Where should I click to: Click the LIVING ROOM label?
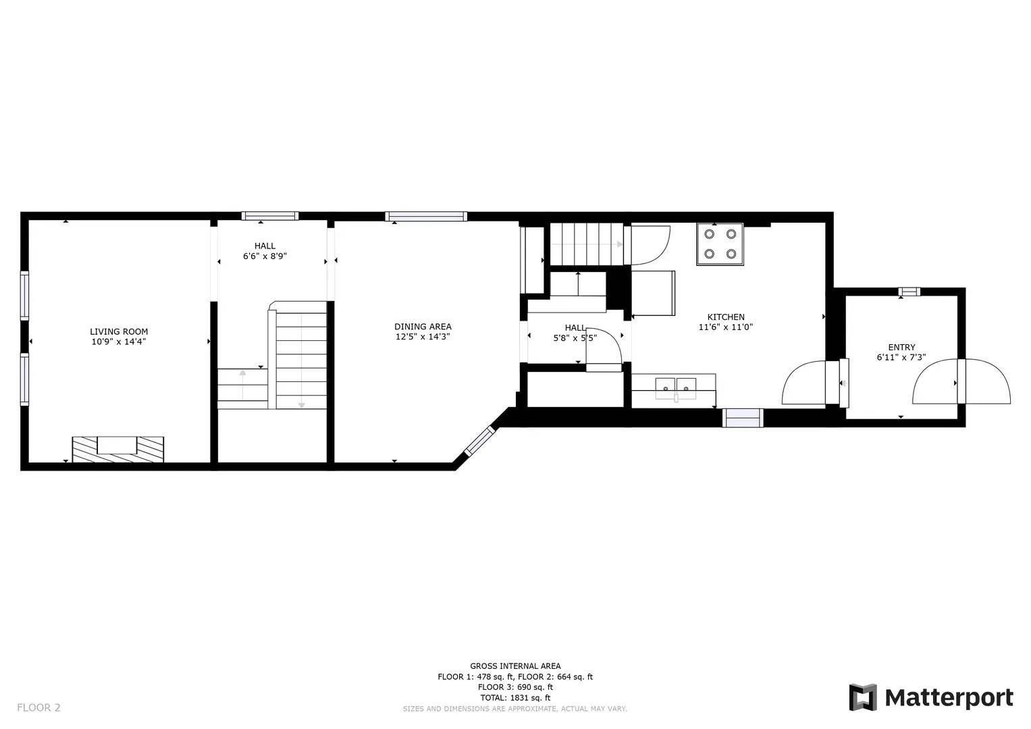[119, 331]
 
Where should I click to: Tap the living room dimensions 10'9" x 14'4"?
[119, 342]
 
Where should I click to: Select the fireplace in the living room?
[118, 449]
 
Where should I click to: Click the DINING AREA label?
[423, 327]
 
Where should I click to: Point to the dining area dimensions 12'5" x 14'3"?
[423, 337]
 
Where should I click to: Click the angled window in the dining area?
[479, 441]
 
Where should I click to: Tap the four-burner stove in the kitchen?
[720, 244]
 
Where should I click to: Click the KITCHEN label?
[726, 317]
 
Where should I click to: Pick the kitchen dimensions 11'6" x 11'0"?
[726, 327]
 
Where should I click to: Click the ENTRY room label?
[901, 348]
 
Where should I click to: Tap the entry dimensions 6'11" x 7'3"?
[901, 358]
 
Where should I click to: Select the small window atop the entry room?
[909, 292]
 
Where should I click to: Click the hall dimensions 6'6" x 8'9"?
[265, 256]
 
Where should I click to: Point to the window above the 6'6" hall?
[270, 217]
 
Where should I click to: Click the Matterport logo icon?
[863, 697]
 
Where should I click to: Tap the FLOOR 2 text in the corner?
[38, 707]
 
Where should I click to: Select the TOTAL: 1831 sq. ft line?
[515, 698]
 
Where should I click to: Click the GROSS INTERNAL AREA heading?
[515, 666]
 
